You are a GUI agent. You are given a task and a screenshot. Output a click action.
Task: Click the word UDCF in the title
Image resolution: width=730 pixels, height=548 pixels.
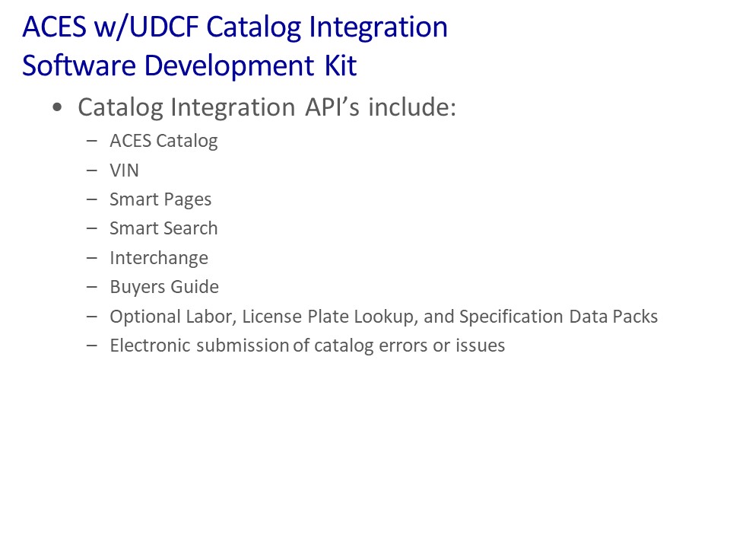164,27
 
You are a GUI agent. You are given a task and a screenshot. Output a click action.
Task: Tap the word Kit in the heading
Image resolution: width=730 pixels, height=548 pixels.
341,65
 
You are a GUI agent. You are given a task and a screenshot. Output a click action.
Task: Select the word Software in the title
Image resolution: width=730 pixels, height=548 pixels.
78,65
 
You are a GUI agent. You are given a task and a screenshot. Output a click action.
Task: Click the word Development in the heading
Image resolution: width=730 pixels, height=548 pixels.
229,65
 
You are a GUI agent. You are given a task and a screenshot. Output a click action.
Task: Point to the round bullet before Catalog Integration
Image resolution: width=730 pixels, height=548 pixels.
57,108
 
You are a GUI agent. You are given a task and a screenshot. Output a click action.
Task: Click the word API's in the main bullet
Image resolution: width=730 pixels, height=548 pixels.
332,107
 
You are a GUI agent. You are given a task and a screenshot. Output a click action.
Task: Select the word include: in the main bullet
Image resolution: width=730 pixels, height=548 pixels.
412,107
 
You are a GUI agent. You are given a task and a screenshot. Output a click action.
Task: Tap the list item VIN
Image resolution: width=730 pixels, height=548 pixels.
124,170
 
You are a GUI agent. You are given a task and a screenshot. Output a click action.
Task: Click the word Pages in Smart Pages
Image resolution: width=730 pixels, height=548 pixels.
187,200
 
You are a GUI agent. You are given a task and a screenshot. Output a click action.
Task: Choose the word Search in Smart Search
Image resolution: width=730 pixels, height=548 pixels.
190,228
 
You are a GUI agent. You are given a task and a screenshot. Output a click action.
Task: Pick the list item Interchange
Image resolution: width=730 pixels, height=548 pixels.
159,258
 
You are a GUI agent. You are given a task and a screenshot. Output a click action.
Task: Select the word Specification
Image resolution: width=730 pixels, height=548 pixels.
511,317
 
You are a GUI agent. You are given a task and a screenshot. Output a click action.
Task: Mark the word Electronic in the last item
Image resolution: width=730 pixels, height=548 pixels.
151,346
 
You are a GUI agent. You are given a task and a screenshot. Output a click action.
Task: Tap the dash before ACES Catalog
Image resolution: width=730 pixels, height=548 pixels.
92,141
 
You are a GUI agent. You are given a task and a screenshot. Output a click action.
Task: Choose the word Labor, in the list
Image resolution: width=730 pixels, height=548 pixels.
211,317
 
